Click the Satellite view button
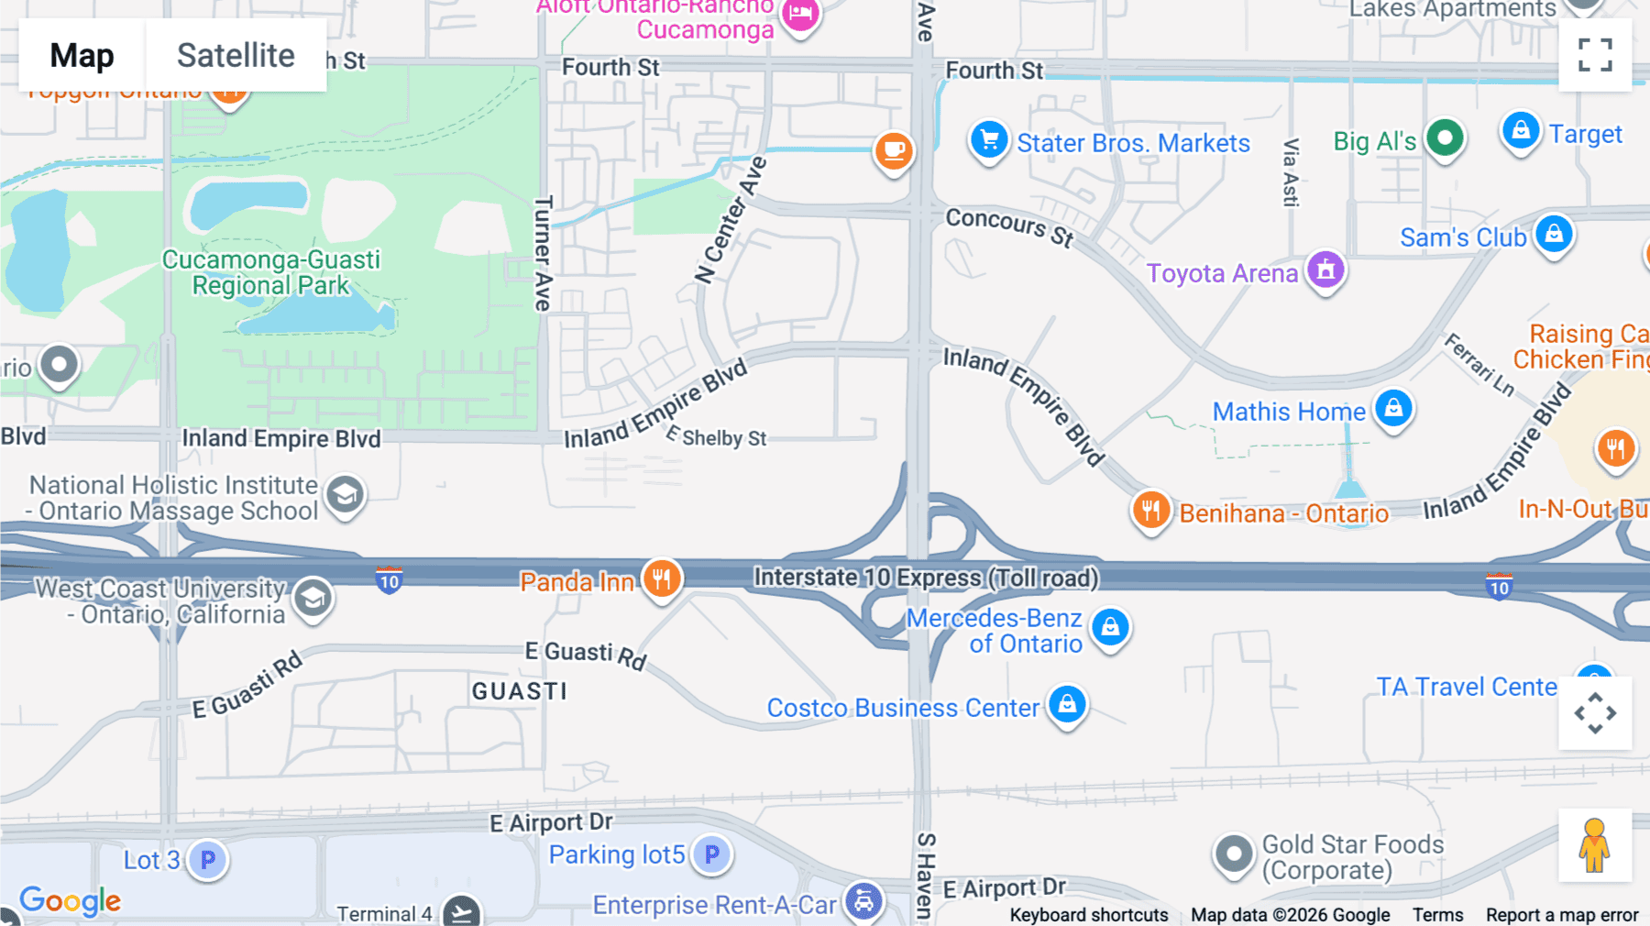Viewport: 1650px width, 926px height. point(236,56)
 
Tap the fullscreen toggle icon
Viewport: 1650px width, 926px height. point(1595,55)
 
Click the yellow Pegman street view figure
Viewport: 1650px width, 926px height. point(1594,845)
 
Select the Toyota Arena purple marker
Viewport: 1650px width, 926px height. point(1325,270)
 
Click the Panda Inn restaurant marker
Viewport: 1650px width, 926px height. point(661,579)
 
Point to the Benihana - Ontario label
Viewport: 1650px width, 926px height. point(1283,513)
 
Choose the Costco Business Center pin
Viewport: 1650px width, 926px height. point(1067,705)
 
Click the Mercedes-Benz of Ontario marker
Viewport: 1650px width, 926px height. point(1111,628)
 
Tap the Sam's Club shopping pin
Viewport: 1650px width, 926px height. point(1554,235)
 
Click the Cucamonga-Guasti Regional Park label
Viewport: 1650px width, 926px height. point(270,272)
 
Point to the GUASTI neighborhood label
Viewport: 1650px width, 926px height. point(520,691)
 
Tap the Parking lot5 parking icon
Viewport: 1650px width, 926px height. point(711,854)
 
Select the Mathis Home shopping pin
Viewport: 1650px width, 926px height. point(1393,409)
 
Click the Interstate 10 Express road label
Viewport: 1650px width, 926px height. point(926,578)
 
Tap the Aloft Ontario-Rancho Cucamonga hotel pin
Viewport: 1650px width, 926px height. point(800,15)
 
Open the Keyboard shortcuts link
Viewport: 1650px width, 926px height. point(1088,915)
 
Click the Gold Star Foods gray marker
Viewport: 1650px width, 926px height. point(1234,854)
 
